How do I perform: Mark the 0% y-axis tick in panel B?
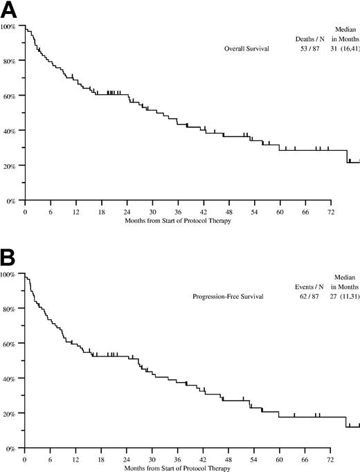12,448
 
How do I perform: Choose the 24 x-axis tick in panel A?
127,210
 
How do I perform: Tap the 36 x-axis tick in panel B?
178,457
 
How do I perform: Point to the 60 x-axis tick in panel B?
280,457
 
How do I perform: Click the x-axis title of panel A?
177,219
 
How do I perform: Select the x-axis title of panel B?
177,466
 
